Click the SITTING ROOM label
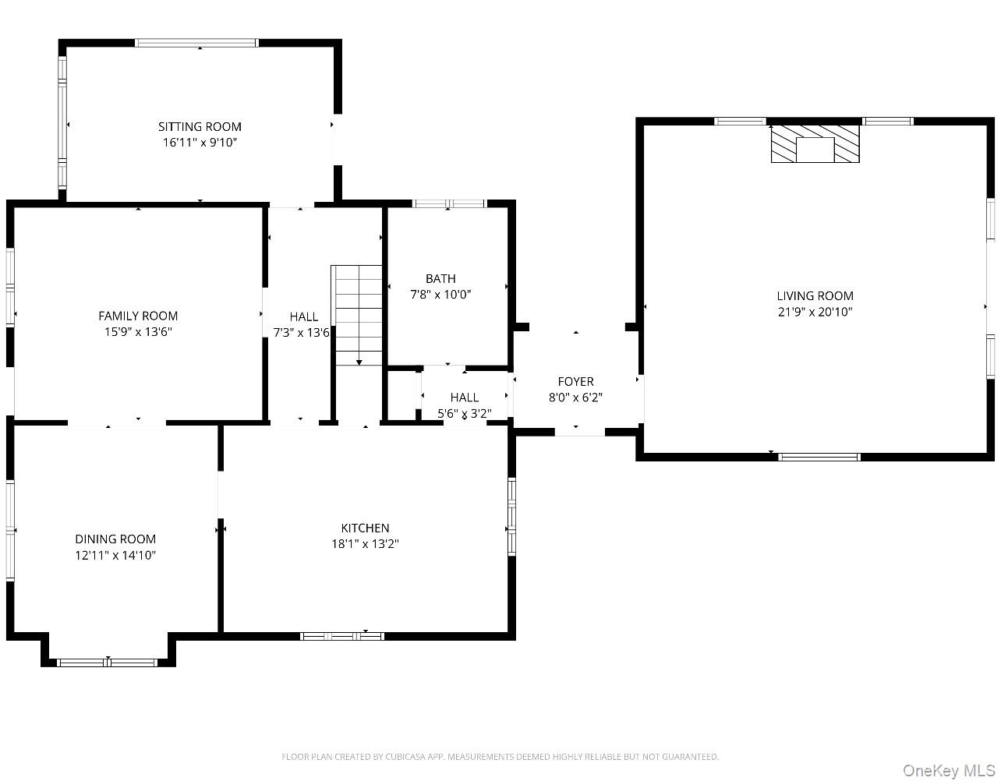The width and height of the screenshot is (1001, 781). click(x=200, y=126)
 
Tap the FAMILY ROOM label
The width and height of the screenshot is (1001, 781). click(x=138, y=316)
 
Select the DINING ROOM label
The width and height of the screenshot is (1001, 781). click(x=115, y=539)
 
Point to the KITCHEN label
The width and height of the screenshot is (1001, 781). click(x=365, y=528)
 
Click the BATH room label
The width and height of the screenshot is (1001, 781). click(x=440, y=278)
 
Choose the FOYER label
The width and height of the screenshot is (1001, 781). click(x=575, y=381)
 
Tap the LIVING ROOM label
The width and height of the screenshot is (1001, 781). click(x=815, y=295)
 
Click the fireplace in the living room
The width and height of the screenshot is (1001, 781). click(x=815, y=144)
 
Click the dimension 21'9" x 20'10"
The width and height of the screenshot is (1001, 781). click(x=815, y=312)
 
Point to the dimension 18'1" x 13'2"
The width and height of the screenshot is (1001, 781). click(x=365, y=544)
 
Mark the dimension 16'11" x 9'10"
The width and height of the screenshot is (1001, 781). click(x=200, y=143)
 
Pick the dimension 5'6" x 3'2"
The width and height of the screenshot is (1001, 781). click(x=465, y=414)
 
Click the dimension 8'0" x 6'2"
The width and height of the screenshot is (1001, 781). click(x=575, y=398)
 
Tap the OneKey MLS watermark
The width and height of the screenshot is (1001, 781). click(x=949, y=771)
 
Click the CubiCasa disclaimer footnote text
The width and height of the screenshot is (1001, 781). click(x=500, y=757)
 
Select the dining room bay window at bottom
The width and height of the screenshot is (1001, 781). click(x=108, y=663)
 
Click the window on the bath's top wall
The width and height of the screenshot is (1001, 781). click(x=449, y=204)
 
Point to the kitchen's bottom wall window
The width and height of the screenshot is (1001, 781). click(x=342, y=636)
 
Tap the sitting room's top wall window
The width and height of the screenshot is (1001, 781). click(x=196, y=43)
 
